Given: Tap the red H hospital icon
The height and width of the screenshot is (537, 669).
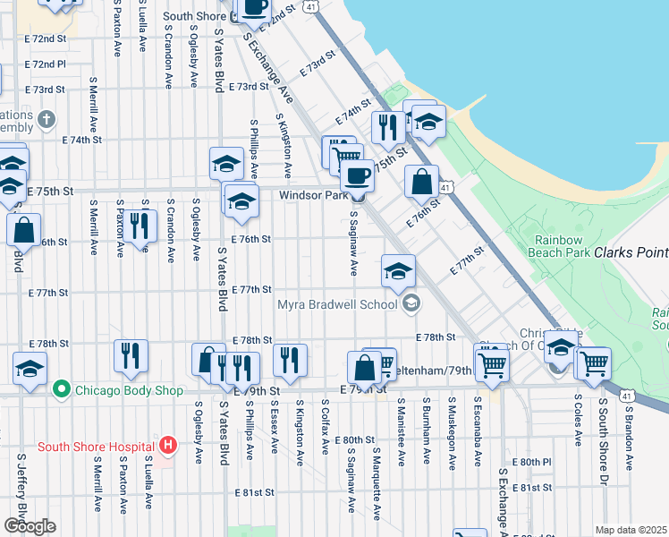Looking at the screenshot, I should coord(166,444).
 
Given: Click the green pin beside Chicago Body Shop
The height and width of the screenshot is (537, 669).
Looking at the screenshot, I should coord(61,390).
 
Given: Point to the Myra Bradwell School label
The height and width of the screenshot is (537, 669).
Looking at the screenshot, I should coord(336,304).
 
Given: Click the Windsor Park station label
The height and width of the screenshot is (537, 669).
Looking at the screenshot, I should coord(312,195).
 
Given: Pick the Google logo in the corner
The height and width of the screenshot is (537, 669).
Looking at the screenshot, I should coord(30,525).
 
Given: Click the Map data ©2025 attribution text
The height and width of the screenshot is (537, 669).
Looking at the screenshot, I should coord(631,530).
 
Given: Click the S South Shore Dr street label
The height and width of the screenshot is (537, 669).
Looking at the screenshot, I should coord(604,433).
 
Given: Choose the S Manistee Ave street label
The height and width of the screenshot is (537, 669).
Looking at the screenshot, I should coord(401,433).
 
